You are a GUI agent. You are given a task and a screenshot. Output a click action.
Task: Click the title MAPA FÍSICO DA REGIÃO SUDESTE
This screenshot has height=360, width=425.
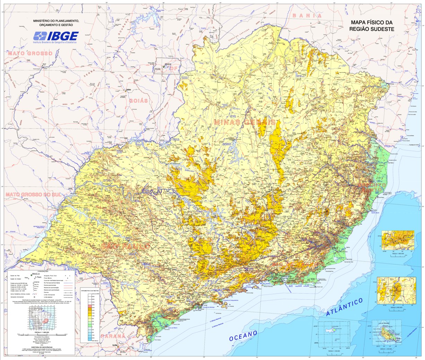pos(372,26)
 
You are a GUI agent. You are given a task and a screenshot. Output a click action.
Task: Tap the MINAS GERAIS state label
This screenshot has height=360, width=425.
pos(245,122)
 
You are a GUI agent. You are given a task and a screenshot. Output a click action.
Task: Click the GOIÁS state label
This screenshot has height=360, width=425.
pos(138,101)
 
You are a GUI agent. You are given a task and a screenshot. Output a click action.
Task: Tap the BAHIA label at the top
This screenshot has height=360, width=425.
pos(307,16)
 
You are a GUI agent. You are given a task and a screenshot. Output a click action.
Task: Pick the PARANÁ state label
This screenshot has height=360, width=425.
pos(113,336)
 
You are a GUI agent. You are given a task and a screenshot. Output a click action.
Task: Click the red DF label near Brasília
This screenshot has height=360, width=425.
pos(173,68)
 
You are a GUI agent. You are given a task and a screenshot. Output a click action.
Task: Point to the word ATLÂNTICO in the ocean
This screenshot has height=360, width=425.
pos(344,307)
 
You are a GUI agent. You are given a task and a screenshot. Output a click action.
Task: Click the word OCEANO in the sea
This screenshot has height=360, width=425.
pos(243,336)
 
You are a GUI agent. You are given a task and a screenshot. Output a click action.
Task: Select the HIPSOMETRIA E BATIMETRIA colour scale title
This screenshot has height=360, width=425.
pos(90,289)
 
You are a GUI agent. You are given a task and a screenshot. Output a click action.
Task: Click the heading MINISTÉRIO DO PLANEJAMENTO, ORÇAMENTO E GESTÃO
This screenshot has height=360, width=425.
pos(56,23)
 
